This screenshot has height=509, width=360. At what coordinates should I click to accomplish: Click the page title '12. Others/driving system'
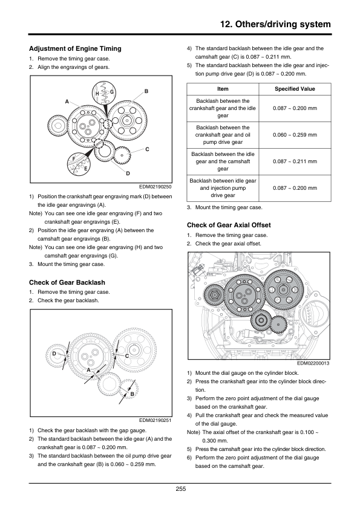tap(275, 24)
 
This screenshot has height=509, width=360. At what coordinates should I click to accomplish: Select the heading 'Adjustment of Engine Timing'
tap(75, 49)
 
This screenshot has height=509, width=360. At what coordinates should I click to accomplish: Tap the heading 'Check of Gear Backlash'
tap(67, 282)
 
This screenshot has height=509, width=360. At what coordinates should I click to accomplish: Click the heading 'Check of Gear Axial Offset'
tap(229, 225)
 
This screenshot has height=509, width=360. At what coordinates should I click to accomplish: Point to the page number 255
tap(181, 489)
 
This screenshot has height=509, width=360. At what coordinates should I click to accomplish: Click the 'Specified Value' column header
tap(295, 89)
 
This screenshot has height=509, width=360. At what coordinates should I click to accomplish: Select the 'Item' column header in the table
tap(223, 89)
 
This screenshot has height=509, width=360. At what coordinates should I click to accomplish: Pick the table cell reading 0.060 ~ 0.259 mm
tap(295, 135)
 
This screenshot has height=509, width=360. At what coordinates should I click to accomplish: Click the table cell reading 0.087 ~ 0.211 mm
tap(295, 161)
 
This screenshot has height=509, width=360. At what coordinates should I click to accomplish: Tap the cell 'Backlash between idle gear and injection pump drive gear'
tap(223, 188)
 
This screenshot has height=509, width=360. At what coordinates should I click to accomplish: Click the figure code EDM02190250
tap(155, 187)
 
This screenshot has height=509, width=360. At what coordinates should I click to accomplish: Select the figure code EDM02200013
tap(313, 363)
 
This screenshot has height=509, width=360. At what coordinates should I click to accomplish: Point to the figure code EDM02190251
tap(155, 420)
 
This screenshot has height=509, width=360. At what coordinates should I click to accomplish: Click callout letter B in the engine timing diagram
tap(146, 91)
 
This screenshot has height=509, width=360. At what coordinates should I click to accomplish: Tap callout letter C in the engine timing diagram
tap(147, 149)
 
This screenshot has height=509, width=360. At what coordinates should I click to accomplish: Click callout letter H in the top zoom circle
tap(97, 94)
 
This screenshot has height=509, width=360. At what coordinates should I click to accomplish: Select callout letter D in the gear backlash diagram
tap(54, 354)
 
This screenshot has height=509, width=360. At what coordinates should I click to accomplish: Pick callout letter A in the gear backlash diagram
tap(89, 370)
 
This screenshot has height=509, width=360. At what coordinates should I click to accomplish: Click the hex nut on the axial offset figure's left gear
tap(214, 295)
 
